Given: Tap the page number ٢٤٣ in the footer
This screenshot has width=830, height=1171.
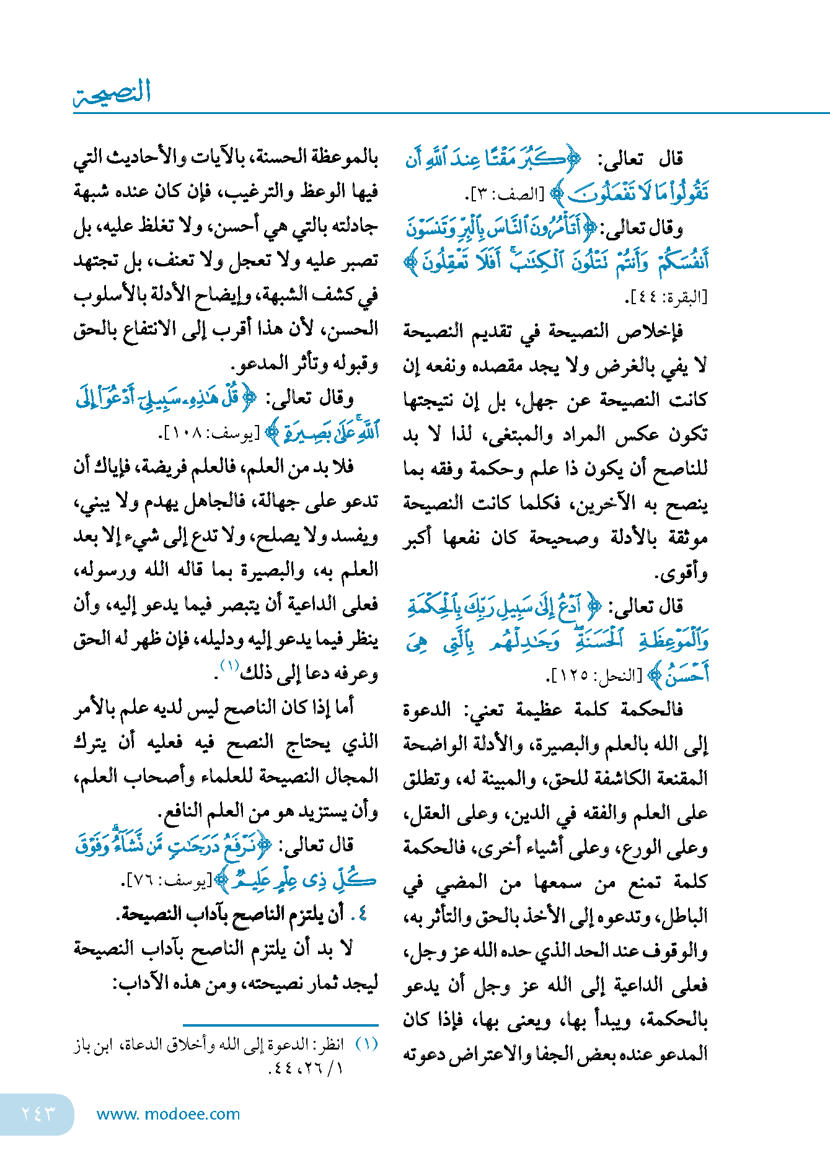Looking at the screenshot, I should (x=38, y=1113).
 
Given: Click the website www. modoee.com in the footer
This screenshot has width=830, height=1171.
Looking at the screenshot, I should (x=168, y=1114).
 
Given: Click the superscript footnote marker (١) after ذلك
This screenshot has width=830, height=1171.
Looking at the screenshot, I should (x=230, y=666).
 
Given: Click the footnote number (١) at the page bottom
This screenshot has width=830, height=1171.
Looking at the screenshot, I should (x=366, y=1044).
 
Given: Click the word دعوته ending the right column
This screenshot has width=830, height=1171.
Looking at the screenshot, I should (x=425, y=1053).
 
